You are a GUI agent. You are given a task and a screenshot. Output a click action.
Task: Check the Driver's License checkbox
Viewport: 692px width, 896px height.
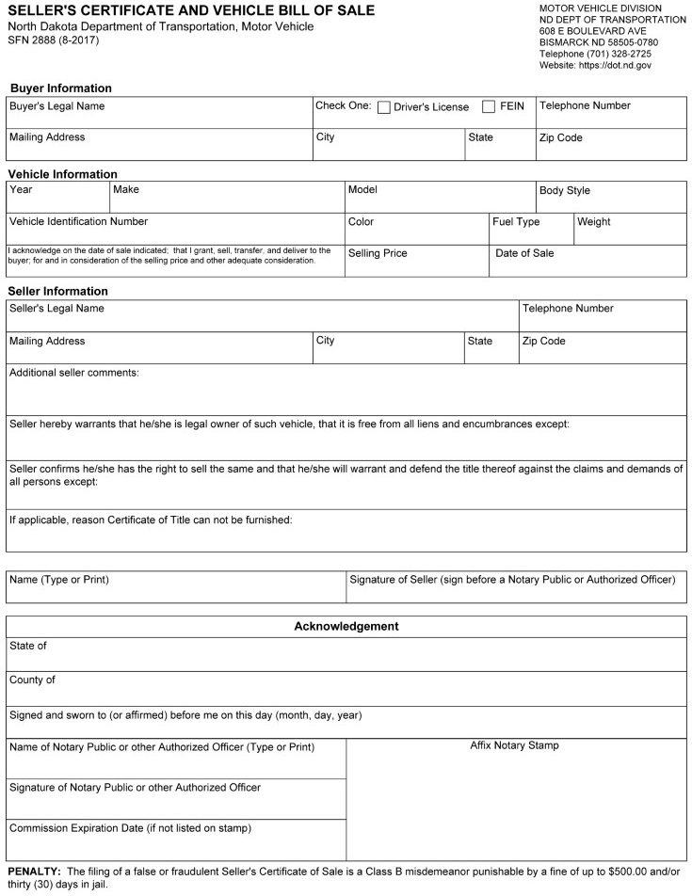(384, 107)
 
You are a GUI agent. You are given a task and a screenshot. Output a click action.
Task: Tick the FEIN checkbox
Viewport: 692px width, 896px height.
(489, 107)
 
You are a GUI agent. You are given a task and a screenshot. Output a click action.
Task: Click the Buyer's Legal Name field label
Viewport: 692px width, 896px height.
(56, 106)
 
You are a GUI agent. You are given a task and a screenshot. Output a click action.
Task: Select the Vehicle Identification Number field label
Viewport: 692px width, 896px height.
(78, 222)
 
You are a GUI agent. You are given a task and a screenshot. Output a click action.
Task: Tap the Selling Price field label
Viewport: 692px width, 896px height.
(378, 253)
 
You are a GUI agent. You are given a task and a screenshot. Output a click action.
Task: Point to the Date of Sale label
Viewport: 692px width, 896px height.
(524, 253)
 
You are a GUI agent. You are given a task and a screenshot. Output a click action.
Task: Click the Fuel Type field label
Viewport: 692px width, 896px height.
(516, 222)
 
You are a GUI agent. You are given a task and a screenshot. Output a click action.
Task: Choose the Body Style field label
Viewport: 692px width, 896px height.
(565, 190)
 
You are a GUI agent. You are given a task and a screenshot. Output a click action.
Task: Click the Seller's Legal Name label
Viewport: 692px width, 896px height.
(56, 309)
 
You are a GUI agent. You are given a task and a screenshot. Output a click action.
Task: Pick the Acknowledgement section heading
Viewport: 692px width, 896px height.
(346, 626)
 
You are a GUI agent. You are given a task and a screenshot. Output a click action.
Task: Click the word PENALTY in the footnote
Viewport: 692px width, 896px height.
(34, 872)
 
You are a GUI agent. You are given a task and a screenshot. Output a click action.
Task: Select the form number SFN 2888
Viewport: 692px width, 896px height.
(38, 40)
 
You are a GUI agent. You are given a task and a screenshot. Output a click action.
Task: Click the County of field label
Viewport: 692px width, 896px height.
(32, 680)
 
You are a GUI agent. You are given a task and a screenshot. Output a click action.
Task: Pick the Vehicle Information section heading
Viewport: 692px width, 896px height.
(62, 174)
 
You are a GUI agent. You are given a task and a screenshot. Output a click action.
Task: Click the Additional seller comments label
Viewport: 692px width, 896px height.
(74, 373)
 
